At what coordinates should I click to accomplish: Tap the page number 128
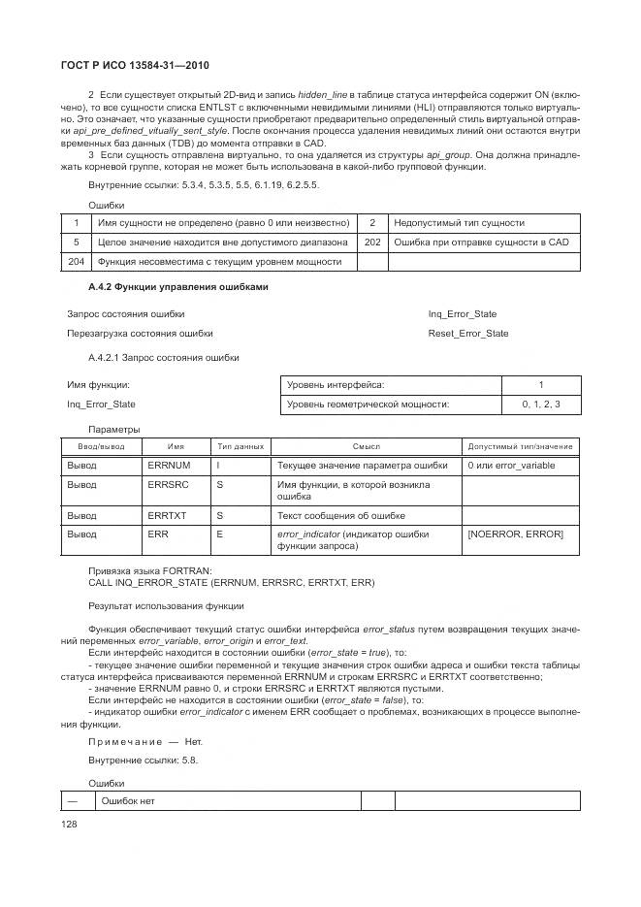69,824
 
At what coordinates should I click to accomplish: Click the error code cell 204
75,261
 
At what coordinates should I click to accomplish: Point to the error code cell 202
372,242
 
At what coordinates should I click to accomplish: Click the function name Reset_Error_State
467,333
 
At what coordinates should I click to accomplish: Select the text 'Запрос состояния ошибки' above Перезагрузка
125,313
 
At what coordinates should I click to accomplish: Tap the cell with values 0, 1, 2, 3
540,404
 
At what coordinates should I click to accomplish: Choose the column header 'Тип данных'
240,446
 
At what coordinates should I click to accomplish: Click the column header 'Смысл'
366,446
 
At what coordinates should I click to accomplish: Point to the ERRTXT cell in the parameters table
166,515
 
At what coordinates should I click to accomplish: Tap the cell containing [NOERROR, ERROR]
515,534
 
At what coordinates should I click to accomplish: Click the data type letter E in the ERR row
219,534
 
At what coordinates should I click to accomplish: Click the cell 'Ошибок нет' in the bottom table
127,800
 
